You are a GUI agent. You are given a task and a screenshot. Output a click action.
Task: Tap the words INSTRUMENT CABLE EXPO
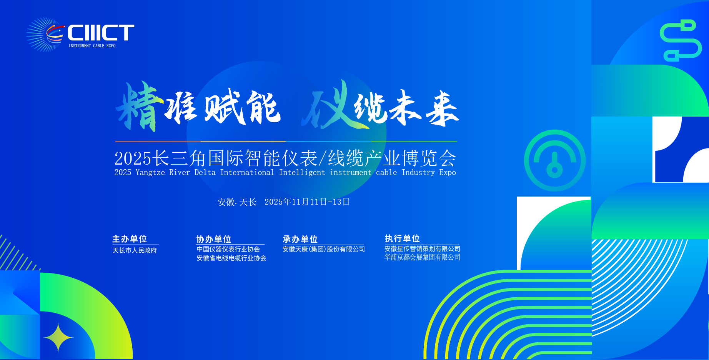point(92,46)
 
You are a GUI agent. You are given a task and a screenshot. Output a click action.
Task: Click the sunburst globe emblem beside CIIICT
point(45,35)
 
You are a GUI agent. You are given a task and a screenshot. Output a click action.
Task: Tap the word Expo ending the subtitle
point(448,173)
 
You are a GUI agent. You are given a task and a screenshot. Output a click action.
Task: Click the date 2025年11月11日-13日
point(307,202)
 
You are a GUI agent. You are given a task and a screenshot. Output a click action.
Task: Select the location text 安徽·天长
point(237,202)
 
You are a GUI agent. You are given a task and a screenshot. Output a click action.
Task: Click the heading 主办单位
point(130,239)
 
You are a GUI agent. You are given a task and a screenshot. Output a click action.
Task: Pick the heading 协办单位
point(214,239)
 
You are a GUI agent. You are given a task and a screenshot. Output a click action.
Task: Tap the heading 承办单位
point(300,239)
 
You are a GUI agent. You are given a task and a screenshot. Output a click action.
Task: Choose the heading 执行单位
point(402,238)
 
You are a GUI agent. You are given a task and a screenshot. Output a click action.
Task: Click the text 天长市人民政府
point(135,250)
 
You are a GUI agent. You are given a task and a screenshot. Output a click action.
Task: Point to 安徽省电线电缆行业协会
point(231,258)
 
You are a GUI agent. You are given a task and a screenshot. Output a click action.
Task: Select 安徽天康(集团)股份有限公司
point(324,249)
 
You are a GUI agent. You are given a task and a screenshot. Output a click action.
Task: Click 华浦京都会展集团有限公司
point(422,257)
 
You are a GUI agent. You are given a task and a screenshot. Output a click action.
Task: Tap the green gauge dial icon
point(529,160)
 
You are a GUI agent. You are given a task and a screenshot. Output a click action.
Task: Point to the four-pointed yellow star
point(58,337)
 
